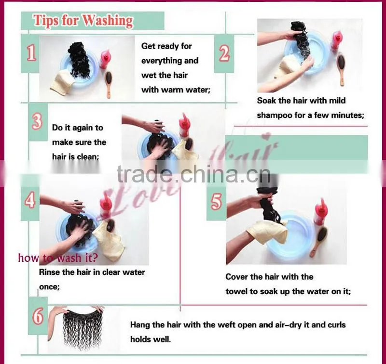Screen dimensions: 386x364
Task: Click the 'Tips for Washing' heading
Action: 83,20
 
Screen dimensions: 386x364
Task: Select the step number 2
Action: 224,53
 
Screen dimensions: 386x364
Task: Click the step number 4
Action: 30,200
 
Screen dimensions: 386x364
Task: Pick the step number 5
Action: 216,201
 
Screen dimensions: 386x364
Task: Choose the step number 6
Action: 38,316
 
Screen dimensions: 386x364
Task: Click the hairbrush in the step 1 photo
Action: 108,84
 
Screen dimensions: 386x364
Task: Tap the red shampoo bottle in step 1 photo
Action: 105,58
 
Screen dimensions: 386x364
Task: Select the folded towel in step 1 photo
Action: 63,82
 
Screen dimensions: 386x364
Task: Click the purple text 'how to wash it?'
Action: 58,258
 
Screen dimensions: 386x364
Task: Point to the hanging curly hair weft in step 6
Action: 81,328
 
